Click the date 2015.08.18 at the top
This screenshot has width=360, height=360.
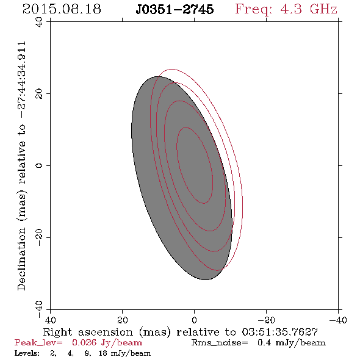click(62, 9)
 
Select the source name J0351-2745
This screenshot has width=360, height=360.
click(175, 9)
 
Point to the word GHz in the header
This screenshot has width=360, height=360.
click(323, 9)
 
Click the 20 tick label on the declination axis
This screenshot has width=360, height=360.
click(39, 94)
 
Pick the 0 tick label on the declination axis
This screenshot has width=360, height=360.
click(39, 165)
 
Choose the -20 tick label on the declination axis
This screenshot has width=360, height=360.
click(39, 237)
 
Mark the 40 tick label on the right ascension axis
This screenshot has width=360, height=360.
click(50, 320)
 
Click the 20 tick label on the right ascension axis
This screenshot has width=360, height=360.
click(123, 320)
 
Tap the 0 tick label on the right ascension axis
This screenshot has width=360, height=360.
click(194, 320)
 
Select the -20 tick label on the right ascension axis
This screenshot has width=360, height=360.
click(266, 320)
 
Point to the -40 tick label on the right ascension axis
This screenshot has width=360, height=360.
click(338, 320)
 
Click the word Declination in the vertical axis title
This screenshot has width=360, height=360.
click(21, 259)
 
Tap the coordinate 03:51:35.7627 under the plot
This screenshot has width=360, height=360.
click(280, 332)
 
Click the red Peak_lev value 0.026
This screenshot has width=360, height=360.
click(84, 342)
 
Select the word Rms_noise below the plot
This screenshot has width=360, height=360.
click(220, 343)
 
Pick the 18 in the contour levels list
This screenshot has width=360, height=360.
click(103, 353)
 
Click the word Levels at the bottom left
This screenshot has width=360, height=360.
click(27, 353)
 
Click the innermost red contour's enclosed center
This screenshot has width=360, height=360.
click(195, 165)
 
